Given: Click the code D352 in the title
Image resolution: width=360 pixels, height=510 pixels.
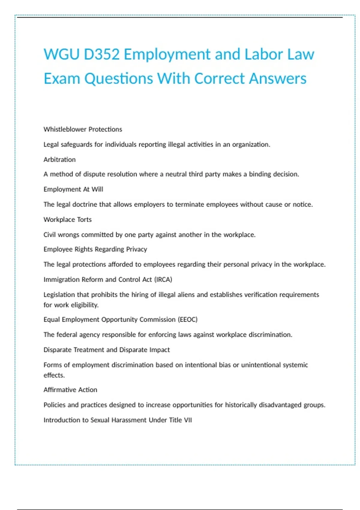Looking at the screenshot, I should (102, 55).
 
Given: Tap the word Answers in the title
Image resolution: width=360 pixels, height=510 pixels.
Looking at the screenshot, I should (277, 79).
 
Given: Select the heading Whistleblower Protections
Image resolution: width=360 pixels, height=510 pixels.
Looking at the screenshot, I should (83, 129).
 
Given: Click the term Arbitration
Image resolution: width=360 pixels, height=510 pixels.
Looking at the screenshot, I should (59, 160).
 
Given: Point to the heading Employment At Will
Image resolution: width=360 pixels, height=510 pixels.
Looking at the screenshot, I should (73, 189).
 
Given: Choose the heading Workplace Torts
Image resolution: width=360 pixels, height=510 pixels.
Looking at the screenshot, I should (67, 220).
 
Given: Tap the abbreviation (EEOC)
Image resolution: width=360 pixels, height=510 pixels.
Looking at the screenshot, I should (188, 319).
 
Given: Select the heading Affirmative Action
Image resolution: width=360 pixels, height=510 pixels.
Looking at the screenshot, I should (70, 390).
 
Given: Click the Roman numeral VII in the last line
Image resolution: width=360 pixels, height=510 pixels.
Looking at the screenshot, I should (188, 420).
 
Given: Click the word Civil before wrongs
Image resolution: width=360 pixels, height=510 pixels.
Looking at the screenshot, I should (49, 235).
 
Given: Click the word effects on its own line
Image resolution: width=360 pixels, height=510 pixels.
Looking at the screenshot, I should (54, 375).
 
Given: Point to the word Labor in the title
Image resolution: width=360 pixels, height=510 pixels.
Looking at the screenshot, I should (264, 55).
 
